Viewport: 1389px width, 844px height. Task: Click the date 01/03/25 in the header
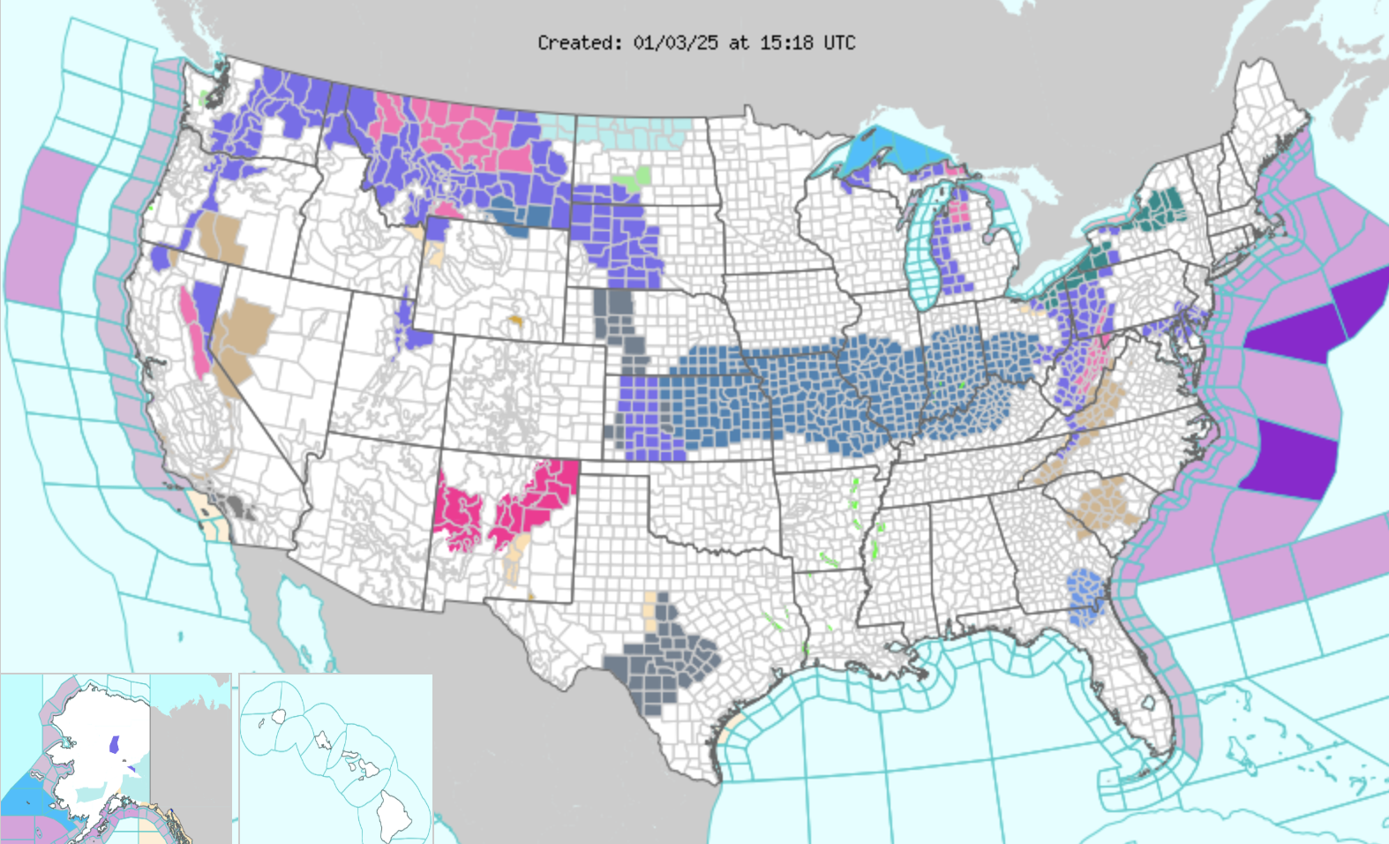675,42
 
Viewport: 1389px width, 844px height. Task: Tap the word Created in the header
576,42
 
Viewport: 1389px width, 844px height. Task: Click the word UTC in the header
839,42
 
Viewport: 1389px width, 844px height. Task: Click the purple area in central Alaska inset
114,744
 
